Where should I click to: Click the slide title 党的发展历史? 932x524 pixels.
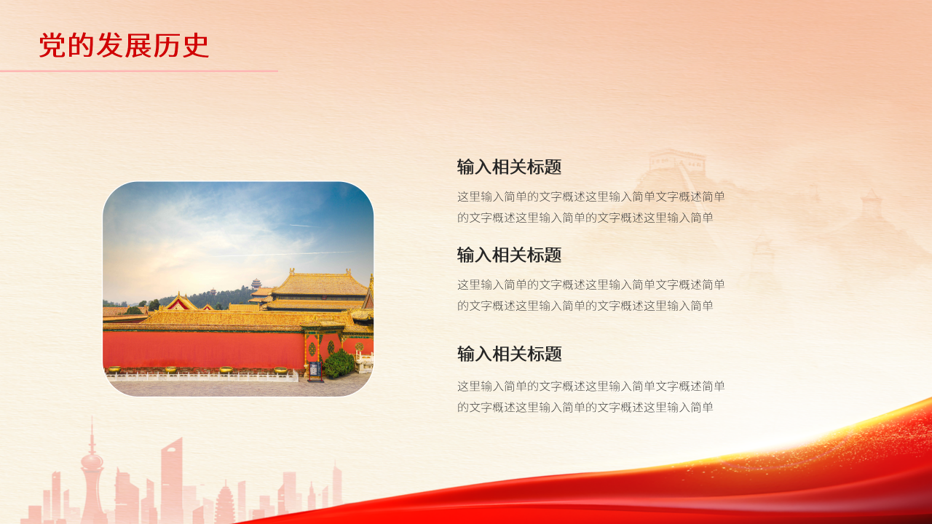[x=124, y=46]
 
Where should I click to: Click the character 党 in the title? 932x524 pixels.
[x=51, y=46]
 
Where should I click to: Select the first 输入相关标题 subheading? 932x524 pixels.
[x=509, y=167]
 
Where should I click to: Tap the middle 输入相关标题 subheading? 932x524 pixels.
[x=509, y=255]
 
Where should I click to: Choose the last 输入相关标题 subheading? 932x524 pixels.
[x=509, y=354]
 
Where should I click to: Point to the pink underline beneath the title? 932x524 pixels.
[x=138, y=71]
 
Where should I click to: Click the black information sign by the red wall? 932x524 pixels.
[x=315, y=371]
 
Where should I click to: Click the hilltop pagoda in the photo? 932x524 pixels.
[x=256, y=283]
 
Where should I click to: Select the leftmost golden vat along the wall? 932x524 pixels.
[x=114, y=370]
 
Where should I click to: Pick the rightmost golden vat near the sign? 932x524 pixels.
[x=280, y=370]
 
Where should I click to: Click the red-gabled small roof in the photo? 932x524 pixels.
[x=180, y=302]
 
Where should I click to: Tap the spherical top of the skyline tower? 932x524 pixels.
[x=92, y=461]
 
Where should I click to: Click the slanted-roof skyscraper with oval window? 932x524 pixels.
[x=172, y=473]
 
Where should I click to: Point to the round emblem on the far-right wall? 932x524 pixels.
[x=359, y=347]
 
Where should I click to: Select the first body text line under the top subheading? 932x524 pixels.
[x=591, y=196]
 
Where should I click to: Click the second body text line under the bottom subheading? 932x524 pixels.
[x=585, y=408]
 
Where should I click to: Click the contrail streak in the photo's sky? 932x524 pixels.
[x=306, y=253]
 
